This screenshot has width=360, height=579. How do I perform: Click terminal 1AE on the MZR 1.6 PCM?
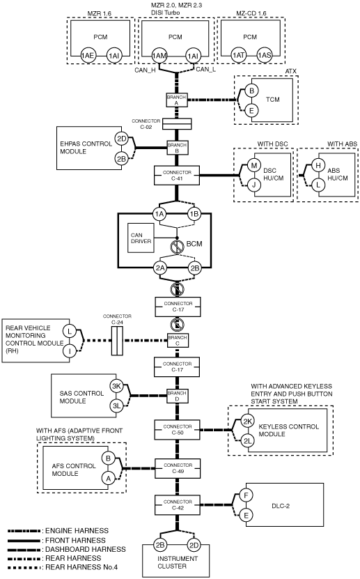(x=88, y=56)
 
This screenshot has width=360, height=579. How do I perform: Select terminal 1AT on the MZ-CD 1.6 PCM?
(x=238, y=55)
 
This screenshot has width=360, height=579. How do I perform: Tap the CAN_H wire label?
(x=145, y=70)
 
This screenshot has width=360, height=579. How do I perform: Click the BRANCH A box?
(x=176, y=100)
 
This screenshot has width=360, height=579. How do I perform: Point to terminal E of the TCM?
(x=251, y=110)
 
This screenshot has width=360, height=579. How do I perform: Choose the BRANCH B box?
(x=177, y=148)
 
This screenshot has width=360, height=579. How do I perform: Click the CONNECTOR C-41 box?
(x=177, y=176)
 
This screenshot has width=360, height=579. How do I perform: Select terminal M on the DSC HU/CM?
(x=253, y=165)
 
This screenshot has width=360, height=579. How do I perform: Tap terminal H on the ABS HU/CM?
(x=318, y=165)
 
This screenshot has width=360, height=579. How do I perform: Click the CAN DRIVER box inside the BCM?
(x=141, y=238)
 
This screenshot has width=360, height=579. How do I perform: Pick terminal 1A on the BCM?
(x=159, y=214)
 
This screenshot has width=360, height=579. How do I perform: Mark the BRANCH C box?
(x=177, y=340)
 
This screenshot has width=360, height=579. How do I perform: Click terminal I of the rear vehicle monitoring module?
(x=70, y=350)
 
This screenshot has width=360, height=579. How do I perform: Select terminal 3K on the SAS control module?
(x=116, y=387)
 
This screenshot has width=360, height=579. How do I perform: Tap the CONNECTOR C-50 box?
(x=178, y=429)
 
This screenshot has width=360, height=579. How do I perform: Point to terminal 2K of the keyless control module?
(x=247, y=422)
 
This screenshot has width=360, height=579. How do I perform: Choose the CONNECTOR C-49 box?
(x=178, y=468)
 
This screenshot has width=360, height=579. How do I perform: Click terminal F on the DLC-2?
(x=246, y=495)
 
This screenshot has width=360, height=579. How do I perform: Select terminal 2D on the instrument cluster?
(x=194, y=545)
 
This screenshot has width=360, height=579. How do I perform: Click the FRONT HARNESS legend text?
(x=75, y=540)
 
